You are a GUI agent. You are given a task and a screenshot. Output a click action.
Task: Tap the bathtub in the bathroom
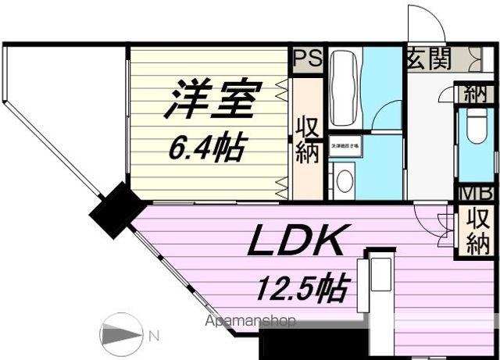pyautogui.click(x=341, y=88)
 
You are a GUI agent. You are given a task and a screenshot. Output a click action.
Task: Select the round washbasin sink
pyautogui.click(x=343, y=183)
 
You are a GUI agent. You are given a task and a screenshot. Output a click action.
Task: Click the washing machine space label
pyautogui.click(x=344, y=144)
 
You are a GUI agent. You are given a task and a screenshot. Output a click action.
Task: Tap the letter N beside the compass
pyautogui.click(x=154, y=337)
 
